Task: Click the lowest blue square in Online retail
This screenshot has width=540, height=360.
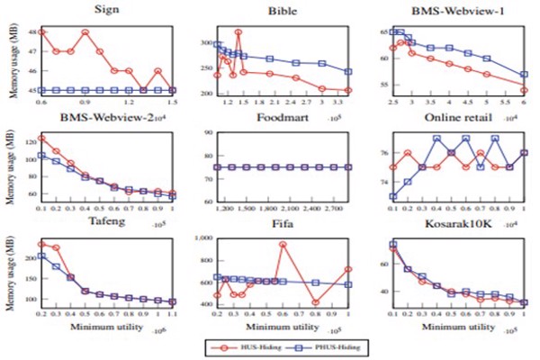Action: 392,196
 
